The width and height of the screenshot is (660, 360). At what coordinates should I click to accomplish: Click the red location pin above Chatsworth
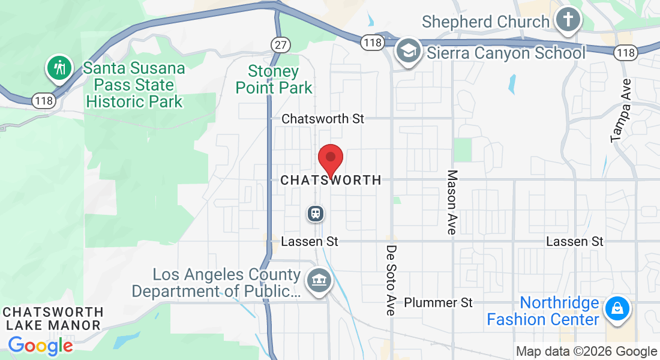coord(330,159)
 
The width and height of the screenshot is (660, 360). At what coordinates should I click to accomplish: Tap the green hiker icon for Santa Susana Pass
coord(59,68)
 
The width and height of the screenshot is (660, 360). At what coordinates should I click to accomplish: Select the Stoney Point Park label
coord(274,80)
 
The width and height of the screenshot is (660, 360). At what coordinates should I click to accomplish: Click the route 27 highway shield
coord(280,44)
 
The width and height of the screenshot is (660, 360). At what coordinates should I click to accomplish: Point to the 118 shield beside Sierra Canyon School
coord(372,43)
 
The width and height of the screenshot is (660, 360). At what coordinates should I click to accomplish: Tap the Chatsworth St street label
coord(323,119)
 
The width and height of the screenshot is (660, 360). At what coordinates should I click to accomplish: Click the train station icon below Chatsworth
coord(316,213)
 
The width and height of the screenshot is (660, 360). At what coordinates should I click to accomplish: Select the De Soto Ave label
coord(391,280)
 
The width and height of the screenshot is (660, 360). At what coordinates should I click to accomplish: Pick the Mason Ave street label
coord(452,202)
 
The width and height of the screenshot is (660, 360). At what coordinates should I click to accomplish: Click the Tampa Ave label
coord(622,110)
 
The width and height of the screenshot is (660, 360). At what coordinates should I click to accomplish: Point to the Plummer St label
coord(438,302)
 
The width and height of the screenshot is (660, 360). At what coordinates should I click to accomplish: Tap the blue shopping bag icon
coord(616,309)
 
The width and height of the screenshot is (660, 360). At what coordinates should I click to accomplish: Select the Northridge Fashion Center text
coord(542,311)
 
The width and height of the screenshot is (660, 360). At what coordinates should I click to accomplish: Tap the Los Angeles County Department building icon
coord(317,280)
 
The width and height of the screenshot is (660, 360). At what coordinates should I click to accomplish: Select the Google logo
coord(41,346)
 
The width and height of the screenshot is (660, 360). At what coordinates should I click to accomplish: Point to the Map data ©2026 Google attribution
coord(586,352)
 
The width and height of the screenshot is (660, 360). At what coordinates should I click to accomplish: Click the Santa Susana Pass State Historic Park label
coord(134,85)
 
